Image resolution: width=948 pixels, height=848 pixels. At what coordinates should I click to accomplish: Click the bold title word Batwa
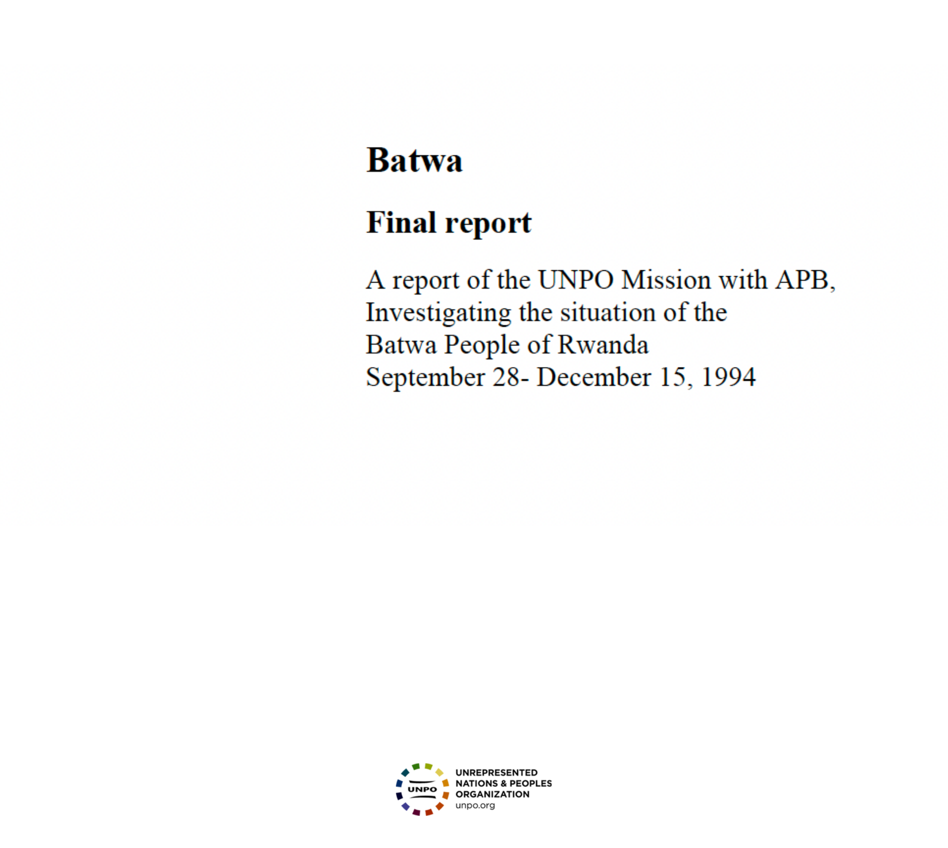414,160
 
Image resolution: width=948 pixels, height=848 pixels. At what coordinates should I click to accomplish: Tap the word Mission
667,280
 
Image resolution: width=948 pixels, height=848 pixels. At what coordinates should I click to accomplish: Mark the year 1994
728,377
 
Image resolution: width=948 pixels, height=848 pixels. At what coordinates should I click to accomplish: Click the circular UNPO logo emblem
422,789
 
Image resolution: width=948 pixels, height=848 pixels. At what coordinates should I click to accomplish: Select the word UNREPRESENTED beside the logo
496,772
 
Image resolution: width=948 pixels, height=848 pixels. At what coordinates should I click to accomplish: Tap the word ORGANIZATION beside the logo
492,794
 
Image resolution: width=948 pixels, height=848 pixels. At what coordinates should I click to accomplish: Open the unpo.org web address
475,806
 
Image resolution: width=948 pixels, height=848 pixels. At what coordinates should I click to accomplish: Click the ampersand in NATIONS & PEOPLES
504,783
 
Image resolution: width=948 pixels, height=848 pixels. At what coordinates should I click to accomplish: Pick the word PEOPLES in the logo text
531,783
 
